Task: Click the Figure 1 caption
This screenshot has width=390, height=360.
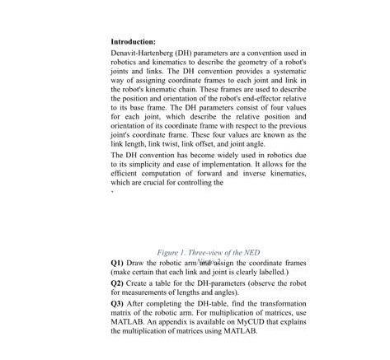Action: tap(209, 253)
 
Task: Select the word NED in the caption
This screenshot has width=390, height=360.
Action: tap(253, 253)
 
